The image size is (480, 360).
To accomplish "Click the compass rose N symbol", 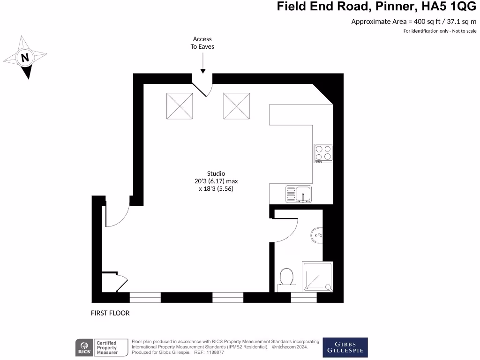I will point(25,58).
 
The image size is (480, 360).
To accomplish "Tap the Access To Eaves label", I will point(202,43).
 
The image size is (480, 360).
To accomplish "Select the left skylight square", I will point(180,106).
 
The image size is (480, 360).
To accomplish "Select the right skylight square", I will point(236,106).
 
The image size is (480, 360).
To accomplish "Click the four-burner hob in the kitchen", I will point(323,153).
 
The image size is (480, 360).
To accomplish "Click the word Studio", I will point(216,173).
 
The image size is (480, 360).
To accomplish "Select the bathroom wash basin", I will point(317,234).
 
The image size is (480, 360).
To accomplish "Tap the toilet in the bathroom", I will point(285,277).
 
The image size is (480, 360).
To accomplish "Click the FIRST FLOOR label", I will point(110,313).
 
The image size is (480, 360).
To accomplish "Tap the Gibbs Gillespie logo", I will point(345,347).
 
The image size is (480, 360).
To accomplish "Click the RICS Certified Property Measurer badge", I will point(102,347).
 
